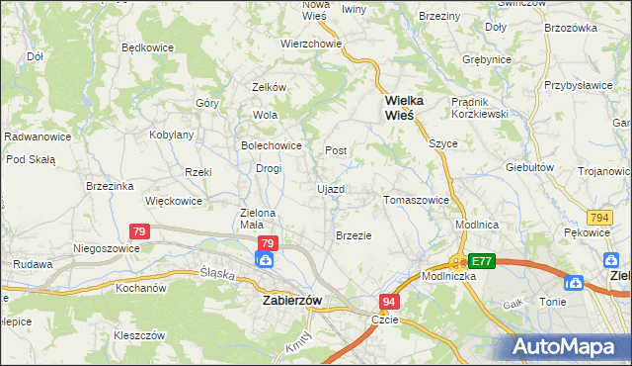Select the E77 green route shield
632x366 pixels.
tap(481, 261)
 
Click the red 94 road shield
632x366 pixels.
tap(390, 300)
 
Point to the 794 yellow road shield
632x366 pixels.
tap(597, 217)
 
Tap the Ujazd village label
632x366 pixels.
tap(330, 188)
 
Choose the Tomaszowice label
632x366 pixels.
tap(416, 200)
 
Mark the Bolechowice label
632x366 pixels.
tap(271, 145)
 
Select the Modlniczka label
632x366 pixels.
tap(450, 277)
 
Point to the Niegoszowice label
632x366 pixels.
tap(104, 248)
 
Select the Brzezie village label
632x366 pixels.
tap(354, 235)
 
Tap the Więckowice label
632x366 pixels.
tap(173, 201)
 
